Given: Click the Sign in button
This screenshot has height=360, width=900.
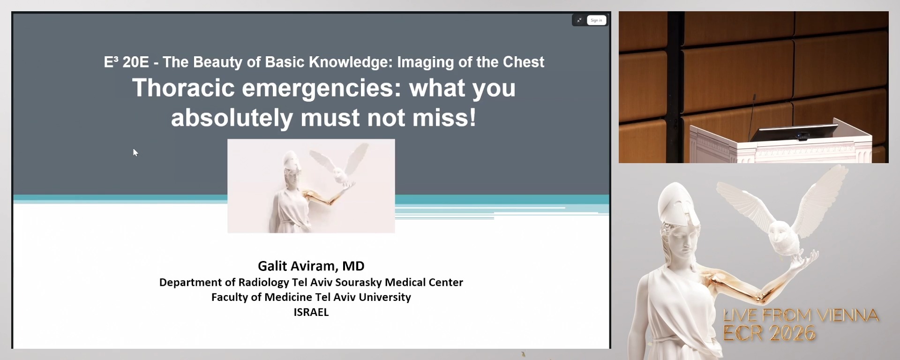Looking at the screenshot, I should point(596,20).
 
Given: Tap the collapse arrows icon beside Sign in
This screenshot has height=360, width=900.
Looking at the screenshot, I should point(579,20).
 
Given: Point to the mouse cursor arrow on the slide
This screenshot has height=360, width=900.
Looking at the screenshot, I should point(135,152).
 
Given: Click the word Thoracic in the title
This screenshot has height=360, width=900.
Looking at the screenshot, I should point(183,88).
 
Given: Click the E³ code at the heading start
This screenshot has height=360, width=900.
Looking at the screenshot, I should point(111,62).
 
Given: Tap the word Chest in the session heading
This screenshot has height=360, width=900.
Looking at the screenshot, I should point(524,62).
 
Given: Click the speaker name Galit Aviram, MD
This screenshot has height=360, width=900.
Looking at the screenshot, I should point(311,266).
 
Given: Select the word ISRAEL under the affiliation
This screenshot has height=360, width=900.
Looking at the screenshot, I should point(311,312).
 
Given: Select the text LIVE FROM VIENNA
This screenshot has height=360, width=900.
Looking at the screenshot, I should point(801,315).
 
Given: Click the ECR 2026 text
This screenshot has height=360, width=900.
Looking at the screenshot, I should point(769,334).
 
